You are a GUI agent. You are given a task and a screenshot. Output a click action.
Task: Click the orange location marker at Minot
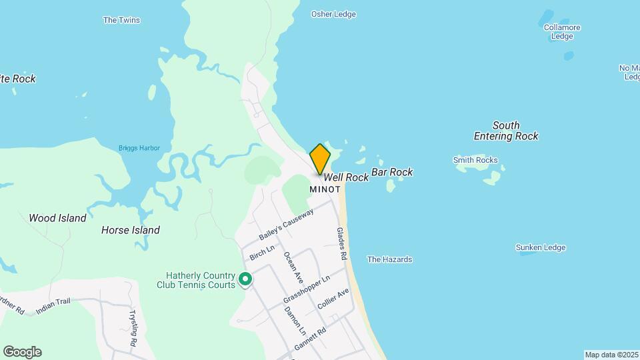320,159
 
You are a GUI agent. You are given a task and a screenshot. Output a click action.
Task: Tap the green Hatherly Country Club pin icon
245,279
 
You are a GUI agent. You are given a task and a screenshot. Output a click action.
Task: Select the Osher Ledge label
333,14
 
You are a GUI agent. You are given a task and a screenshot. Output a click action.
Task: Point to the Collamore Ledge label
562,32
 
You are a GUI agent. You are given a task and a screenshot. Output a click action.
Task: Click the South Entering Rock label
506,131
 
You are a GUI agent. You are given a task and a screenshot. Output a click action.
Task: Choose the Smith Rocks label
475,160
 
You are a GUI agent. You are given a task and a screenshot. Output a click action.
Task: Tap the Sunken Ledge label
540,247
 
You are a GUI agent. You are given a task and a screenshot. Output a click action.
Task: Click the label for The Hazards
390,259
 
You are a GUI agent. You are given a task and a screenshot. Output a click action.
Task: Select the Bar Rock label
392,172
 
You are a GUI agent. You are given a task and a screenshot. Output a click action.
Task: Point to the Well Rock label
346,177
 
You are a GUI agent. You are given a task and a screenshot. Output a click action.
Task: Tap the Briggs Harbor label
139,148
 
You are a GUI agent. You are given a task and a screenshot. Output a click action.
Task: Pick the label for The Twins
121,20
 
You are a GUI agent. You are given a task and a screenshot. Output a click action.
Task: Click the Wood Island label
57,218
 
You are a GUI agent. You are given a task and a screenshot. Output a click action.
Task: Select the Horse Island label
131,230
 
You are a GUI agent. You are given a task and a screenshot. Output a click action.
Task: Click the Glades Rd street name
342,243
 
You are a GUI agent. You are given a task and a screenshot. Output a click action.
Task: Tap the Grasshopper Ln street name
306,289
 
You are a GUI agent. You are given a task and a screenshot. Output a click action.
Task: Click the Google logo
22,352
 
